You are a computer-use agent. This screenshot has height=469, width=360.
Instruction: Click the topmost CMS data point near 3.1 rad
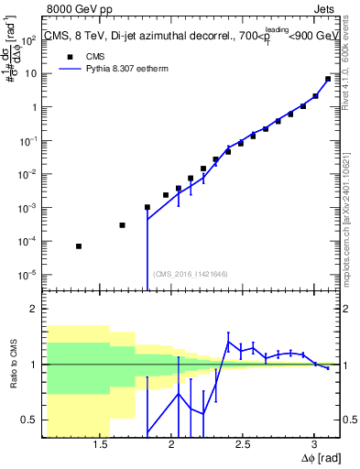pos(328,79)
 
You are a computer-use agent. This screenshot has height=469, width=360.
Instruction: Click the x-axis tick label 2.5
pos(243,446)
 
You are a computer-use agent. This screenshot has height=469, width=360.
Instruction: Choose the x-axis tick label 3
pos(314,446)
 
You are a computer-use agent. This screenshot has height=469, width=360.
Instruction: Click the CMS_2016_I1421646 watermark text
pos(190,273)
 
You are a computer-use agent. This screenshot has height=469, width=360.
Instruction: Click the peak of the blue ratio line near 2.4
pos(228,343)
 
